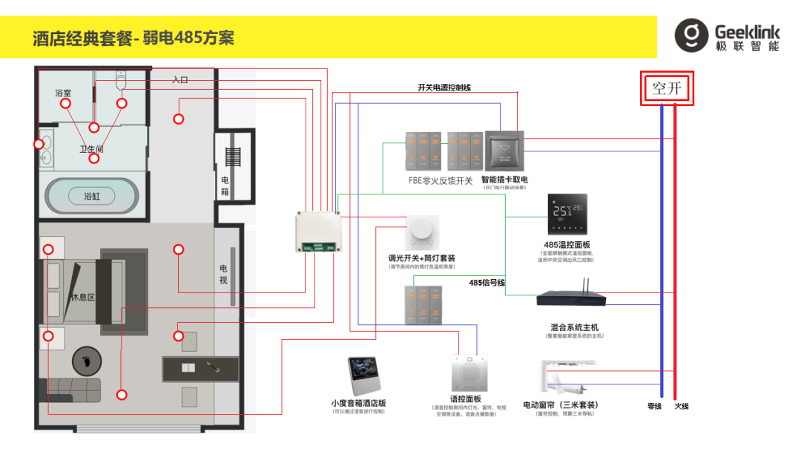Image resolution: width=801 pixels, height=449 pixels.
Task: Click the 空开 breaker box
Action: click(x=667, y=89)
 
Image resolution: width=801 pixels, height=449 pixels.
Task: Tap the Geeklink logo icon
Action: click(x=691, y=36)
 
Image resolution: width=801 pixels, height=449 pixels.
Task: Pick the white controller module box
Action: click(x=322, y=232)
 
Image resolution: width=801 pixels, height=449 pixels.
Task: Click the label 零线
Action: click(x=653, y=406)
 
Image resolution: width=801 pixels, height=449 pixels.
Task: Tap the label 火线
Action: click(x=682, y=406)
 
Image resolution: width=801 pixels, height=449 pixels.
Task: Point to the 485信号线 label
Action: click(x=487, y=283)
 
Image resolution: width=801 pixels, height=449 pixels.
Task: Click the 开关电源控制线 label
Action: click(x=444, y=88)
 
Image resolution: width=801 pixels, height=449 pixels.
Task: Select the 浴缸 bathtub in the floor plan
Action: click(x=91, y=196)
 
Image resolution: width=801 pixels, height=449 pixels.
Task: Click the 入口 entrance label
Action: click(x=180, y=79)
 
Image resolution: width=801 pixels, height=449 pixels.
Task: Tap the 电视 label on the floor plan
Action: click(x=223, y=274)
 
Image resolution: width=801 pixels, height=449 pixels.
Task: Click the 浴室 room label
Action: click(x=63, y=94)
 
